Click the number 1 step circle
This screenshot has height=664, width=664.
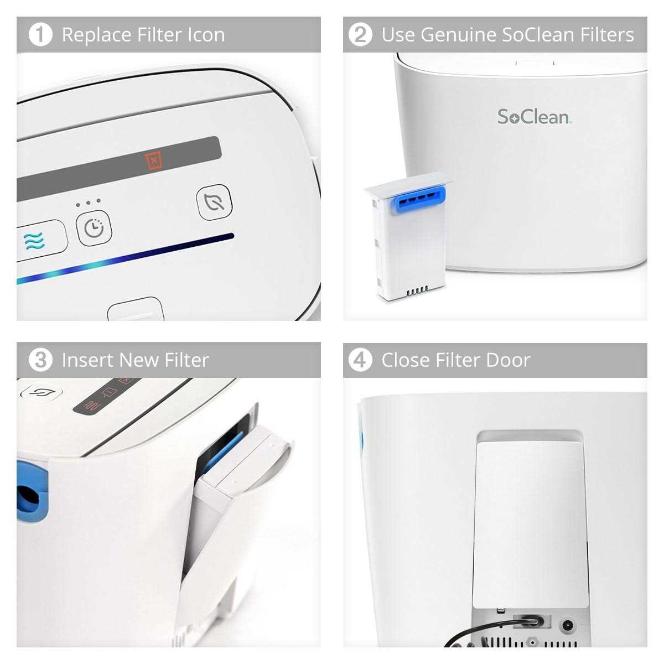click(40, 35)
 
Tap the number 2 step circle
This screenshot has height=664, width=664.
click(360, 35)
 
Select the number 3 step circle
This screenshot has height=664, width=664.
click(40, 360)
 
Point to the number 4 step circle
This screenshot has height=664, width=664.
click(360, 360)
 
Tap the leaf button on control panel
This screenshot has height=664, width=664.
click(214, 203)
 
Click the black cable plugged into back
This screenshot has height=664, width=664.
click(487, 631)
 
